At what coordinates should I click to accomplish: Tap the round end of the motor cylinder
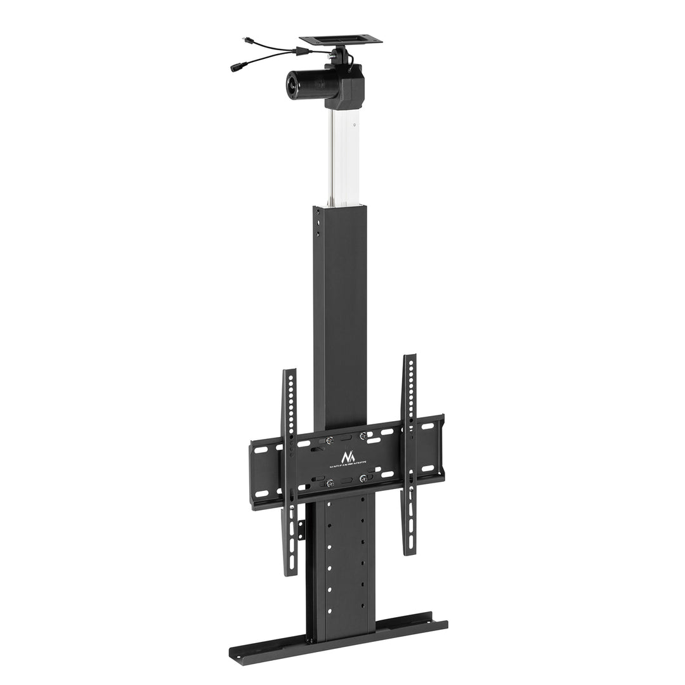(x=292, y=82)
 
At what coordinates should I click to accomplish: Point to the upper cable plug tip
(x=245, y=40)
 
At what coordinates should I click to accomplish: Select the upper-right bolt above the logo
(x=363, y=436)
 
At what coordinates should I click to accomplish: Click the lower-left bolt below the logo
(x=329, y=483)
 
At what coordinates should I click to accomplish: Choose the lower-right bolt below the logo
(x=363, y=478)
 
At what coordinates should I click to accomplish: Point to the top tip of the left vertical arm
(x=289, y=372)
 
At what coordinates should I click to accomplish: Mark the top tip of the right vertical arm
(x=410, y=356)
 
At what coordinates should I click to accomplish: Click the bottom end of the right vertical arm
(x=409, y=552)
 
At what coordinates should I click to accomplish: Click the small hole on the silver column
(x=355, y=125)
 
